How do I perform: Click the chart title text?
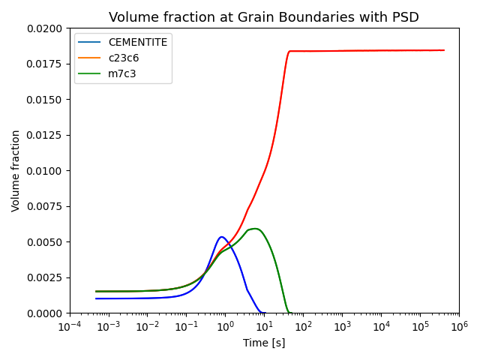click(263, 17)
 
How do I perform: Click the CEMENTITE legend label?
click(138, 42)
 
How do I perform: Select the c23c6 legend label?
click(124, 58)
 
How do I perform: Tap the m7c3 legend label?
click(122, 73)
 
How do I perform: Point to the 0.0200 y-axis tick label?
click(44, 28)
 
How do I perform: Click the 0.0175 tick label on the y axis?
click(44, 64)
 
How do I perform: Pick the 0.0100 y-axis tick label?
click(44, 171)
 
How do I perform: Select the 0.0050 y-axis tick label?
click(44, 242)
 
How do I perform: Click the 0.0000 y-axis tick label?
click(44, 313)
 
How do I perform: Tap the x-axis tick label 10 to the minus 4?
click(70, 326)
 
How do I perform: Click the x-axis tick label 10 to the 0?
click(225, 326)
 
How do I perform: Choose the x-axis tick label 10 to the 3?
click(342, 326)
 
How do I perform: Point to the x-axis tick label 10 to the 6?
click(459, 326)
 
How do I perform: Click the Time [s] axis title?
click(264, 343)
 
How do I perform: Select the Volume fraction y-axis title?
click(15, 171)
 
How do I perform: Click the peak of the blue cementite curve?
click(221, 237)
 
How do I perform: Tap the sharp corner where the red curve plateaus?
click(289, 51)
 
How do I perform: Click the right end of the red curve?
click(444, 50)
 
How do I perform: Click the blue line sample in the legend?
click(89, 42)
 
